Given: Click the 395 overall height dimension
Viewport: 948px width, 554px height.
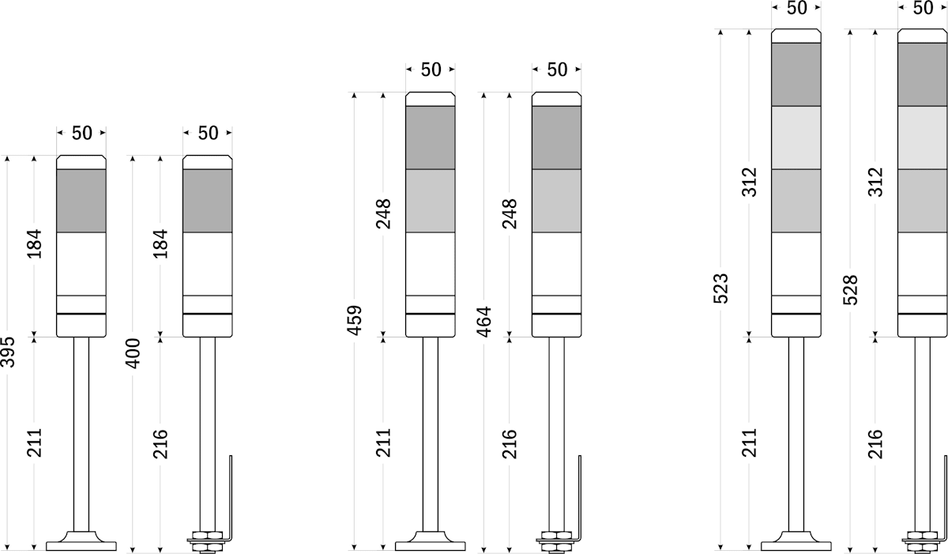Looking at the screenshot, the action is pyautogui.click(x=8, y=352).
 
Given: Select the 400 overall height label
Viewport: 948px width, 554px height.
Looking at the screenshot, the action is pyautogui.click(x=134, y=353).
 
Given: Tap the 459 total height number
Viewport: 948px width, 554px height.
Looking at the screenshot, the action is pyautogui.click(x=355, y=320).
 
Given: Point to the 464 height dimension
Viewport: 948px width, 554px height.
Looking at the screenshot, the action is pyautogui.click(x=484, y=322).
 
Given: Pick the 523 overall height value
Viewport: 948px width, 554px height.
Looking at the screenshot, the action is pyautogui.click(x=721, y=288).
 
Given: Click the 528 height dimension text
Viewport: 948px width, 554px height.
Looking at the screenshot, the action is pyautogui.click(x=851, y=290).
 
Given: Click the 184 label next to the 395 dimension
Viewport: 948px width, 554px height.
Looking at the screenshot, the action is pyautogui.click(x=35, y=243).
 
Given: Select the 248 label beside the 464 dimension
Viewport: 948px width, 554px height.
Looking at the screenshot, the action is pyautogui.click(x=510, y=213).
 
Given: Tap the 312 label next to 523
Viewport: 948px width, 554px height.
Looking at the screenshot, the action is pyautogui.click(x=749, y=182).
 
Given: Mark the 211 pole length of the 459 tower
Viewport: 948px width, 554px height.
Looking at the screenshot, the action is pyautogui.click(x=383, y=443).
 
